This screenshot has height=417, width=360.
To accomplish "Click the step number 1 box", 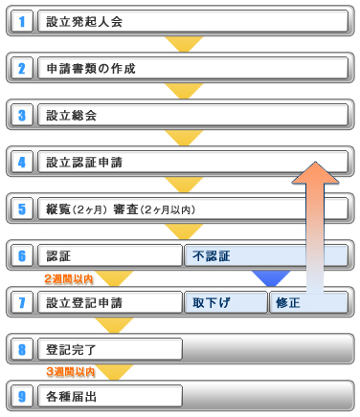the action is click(x=22, y=21).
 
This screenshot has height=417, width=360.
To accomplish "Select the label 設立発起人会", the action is click(x=84, y=22).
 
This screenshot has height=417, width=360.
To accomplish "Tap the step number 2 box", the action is click(x=22, y=68).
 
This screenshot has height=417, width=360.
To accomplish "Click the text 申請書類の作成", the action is click(x=91, y=69).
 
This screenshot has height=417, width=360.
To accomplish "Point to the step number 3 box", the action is click(x=22, y=115).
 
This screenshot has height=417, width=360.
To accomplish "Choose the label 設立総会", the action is click(x=71, y=116).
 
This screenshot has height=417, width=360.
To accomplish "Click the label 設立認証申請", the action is click(x=84, y=163).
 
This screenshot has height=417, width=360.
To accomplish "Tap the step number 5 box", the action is click(x=22, y=208).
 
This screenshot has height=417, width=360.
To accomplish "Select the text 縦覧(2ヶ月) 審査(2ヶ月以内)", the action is click(x=121, y=209).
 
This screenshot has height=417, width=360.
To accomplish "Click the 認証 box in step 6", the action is click(x=110, y=255).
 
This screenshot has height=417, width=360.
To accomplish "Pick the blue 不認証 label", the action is click(x=212, y=256).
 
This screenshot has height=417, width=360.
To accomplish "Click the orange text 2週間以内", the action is click(x=69, y=279).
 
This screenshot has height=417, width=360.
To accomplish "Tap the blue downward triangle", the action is click(x=271, y=278).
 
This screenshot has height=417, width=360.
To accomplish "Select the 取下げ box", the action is click(x=226, y=302).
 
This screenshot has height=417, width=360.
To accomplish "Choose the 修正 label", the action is click(x=288, y=303).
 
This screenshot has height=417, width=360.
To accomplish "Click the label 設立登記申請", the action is click(x=84, y=303).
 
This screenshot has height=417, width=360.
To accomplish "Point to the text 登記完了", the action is click(x=71, y=350).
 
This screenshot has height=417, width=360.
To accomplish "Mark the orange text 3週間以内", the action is click(x=71, y=371).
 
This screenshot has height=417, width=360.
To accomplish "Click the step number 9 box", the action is click(x=22, y=396).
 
